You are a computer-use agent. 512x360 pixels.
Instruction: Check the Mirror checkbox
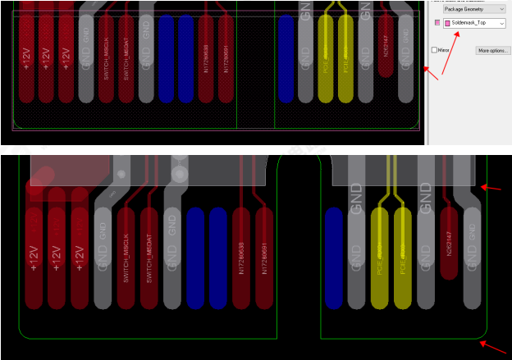[x=435, y=50]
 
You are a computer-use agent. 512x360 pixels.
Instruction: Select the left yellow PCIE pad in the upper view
[x=325, y=62]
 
